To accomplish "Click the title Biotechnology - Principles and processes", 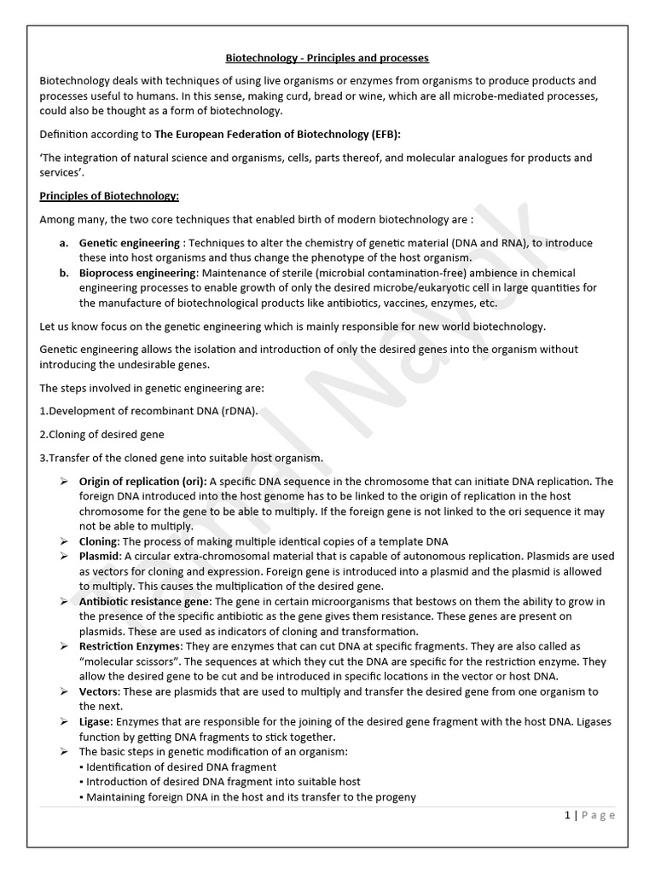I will (x=327, y=58).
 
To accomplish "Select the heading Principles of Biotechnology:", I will (x=109, y=196).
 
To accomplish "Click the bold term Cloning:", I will (x=99, y=541).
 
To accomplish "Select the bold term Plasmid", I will (x=99, y=556).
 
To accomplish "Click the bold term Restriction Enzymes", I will (x=130, y=646).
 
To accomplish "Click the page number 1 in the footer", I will (x=568, y=815).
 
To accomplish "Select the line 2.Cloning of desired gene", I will (x=102, y=434).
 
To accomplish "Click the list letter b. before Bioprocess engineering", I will (x=64, y=273).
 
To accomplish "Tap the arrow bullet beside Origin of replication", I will (x=64, y=482).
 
